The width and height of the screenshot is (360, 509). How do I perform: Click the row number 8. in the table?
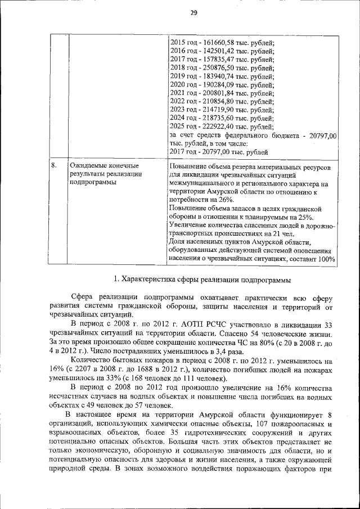(54, 166)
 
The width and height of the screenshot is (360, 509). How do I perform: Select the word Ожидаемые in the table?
(88, 166)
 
